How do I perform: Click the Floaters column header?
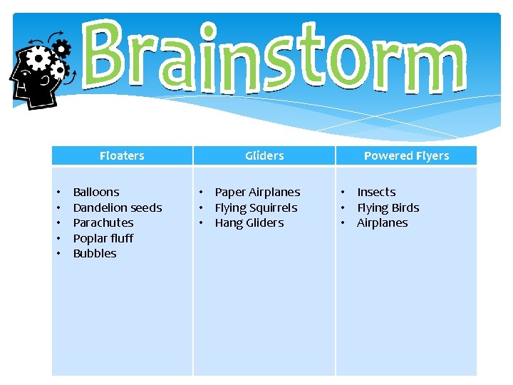point(122,155)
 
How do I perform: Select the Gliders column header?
point(264,155)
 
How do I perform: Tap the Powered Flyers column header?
point(406,155)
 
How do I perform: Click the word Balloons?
point(96,192)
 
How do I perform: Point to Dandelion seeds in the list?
point(118,207)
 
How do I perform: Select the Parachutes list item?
point(103,222)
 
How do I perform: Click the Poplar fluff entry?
point(103,238)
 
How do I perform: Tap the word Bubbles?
point(95,253)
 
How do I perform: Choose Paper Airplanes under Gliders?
point(257,192)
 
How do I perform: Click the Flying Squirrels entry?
point(256,207)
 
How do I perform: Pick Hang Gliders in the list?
point(249,222)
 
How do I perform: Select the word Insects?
point(376,192)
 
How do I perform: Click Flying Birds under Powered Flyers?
point(388,207)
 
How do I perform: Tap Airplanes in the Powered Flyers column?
point(382,222)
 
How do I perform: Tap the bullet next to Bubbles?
point(58,253)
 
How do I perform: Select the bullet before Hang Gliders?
point(202,222)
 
